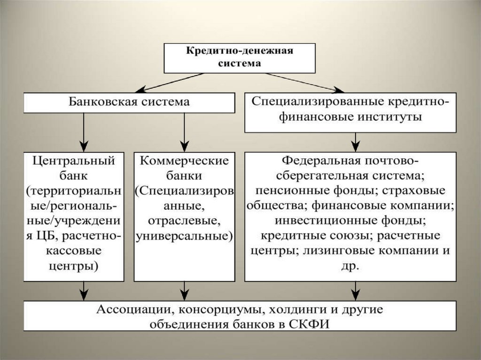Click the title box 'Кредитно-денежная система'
[x=239, y=57]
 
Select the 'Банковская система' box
[x=129, y=102]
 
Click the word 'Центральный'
[x=74, y=161]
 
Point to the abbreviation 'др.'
[x=350, y=265]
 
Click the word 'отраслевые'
[x=183, y=220]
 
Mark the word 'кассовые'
[x=74, y=250]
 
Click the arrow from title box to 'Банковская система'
[x=171, y=82]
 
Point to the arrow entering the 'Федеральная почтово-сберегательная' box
[x=356, y=141]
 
